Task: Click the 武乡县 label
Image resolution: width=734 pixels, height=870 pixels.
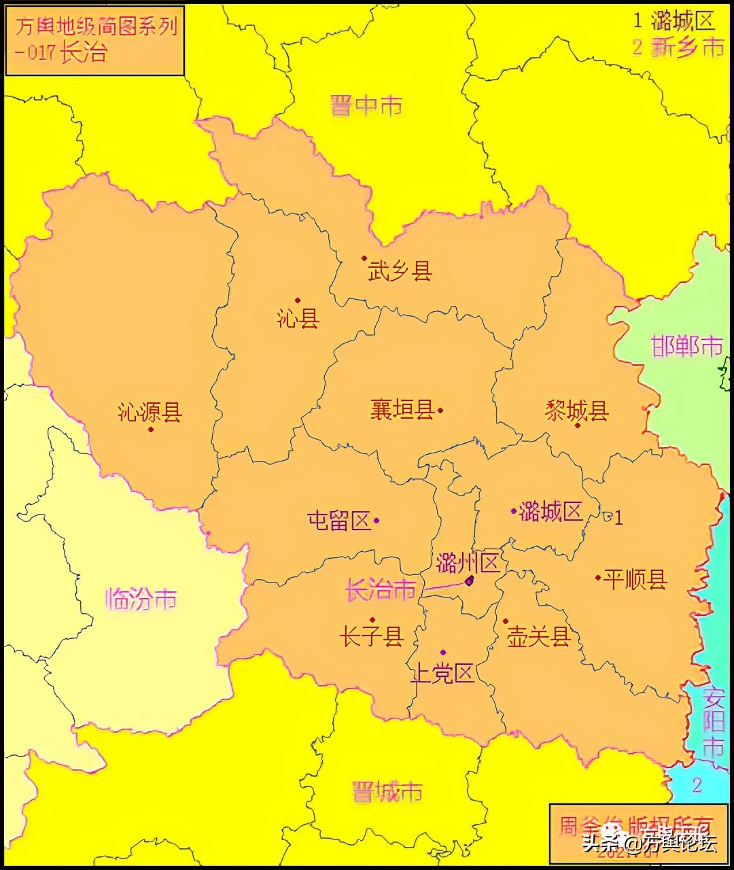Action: tap(400, 271)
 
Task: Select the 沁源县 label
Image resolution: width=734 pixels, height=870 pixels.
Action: tap(150, 412)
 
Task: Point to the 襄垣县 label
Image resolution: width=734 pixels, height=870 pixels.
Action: tap(402, 409)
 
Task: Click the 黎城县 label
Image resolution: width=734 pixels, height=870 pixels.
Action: tap(576, 411)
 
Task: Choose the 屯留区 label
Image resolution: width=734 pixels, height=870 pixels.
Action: tap(338, 521)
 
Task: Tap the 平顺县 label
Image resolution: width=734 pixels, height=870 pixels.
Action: tap(635, 579)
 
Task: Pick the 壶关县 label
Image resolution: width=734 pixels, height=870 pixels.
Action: tap(538, 636)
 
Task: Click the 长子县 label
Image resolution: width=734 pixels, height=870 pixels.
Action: tap(372, 636)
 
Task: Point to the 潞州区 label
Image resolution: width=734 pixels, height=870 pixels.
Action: tap(468, 562)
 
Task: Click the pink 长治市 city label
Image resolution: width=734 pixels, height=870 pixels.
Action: tap(380, 589)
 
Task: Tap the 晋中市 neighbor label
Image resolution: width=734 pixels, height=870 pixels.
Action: tap(366, 105)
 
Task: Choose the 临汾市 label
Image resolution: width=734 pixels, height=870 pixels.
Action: tap(141, 599)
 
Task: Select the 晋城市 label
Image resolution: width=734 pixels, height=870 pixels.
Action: tap(387, 792)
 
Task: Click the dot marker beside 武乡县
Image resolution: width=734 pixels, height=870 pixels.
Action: tap(364, 258)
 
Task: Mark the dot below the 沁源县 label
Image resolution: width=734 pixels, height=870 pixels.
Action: tap(151, 430)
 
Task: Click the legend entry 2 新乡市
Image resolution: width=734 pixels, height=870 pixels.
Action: tap(678, 47)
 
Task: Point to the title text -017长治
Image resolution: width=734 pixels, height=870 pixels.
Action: tap(61, 52)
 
